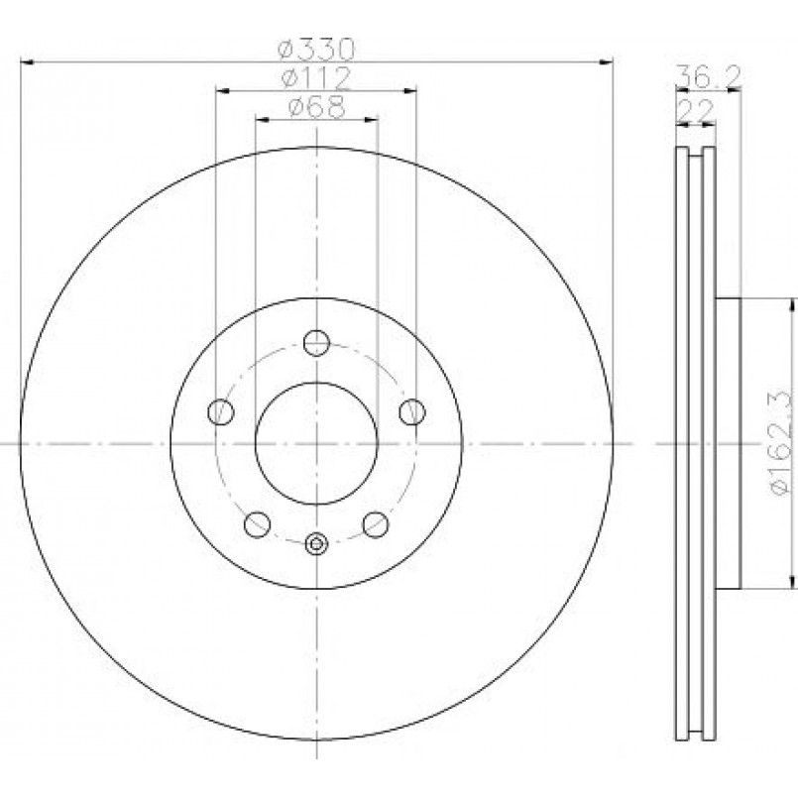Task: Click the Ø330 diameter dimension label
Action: tap(315, 50)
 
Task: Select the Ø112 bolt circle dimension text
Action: tap(316, 78)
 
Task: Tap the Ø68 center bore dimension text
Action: tap(316, 107)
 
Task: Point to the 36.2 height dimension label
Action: tap(708, 76)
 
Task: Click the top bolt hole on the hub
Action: tap(316, 343)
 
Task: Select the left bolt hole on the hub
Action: tap(221, 411)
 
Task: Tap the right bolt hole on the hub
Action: tap(412, 411)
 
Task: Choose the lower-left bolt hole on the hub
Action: tap(258, 524)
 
